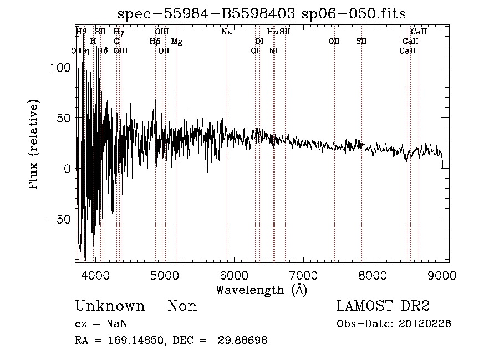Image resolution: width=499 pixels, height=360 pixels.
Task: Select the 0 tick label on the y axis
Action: (68, 169)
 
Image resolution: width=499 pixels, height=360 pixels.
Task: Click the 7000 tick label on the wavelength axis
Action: (303, 275)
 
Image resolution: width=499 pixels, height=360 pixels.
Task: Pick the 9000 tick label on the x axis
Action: (442, 275)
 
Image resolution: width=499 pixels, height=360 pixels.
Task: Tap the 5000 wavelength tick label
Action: (164, 275)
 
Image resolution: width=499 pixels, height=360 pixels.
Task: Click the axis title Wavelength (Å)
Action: (261, 290)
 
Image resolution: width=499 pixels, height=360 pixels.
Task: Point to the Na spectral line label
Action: (226, 32)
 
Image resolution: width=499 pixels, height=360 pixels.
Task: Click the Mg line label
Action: (176, 42)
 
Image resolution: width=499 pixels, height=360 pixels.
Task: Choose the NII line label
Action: (274, 51)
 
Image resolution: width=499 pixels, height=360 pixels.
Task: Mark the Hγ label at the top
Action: (119, 32)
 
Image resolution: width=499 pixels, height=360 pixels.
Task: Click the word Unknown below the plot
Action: (110, 306)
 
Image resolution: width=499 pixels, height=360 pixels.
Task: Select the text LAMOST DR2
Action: (383, 306)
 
